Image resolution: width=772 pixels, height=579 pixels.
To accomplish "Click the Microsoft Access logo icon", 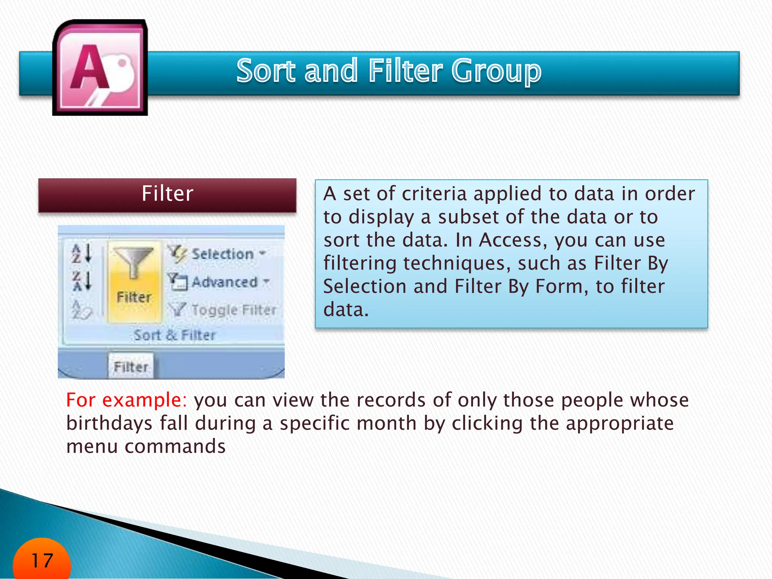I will tap(100, 68).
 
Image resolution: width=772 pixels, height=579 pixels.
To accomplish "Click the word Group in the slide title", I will tap(496, 71).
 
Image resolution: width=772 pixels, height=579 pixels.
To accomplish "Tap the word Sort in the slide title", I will tap(266, 71).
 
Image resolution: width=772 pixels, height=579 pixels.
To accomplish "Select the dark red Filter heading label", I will tap(167, 195).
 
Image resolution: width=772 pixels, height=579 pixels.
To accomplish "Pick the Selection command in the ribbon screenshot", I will tap(222, 254).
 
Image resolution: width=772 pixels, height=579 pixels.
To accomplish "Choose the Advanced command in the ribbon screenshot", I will tap(224, 282).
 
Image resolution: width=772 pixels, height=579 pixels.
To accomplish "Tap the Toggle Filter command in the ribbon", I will tap(234, 310).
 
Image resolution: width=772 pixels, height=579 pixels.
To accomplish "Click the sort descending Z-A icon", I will tap(82, 281).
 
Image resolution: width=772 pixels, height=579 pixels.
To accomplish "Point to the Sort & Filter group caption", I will tap(174, 335).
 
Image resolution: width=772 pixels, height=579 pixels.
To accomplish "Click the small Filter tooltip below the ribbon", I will tap(131, 366).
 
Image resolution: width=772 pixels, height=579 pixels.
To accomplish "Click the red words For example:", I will tap(127, 400).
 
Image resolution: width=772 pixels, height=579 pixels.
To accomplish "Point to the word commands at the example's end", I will tap(175, 447).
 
